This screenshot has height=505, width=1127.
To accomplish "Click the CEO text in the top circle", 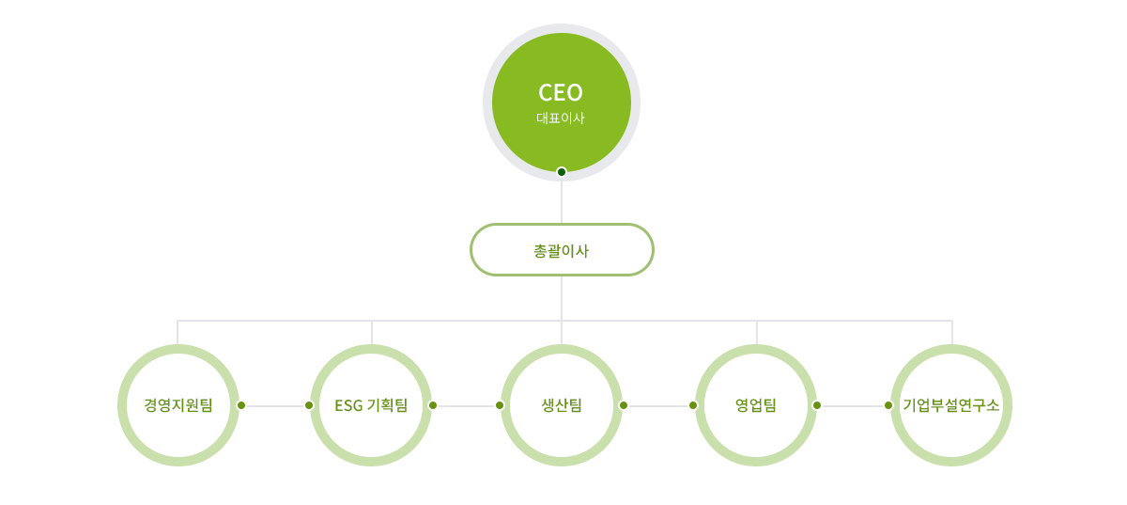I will [561, 92].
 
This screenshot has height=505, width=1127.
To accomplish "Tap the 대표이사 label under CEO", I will [561, 118].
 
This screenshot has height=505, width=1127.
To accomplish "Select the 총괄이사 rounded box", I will [562, 250].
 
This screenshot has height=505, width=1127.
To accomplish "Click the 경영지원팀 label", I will [178, 405].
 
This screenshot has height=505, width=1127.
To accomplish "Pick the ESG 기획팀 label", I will [371, 405].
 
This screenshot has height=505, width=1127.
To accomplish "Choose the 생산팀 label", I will [562, 405].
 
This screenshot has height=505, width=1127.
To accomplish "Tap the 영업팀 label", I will [756, 405].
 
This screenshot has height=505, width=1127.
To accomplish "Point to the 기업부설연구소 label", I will [951, 405].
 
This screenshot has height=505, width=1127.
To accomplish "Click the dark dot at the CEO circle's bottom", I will [562, 171].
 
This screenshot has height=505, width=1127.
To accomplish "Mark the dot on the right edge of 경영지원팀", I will [241, 405].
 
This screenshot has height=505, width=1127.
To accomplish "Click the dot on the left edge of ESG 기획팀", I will [309, 405].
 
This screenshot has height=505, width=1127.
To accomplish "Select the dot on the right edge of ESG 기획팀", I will [433, 405].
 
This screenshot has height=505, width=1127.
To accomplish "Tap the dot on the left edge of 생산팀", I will [500, 405].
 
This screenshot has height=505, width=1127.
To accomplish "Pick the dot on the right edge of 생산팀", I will [624, 405].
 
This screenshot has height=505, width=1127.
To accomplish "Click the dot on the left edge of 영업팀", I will [693, 405].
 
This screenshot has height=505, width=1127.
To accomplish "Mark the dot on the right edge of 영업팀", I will [817, 405].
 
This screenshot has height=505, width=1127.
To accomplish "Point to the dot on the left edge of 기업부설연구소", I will [888, 405].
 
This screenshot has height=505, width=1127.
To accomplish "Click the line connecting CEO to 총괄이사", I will [562, 199].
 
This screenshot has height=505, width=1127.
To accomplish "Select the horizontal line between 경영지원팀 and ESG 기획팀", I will [275, 405].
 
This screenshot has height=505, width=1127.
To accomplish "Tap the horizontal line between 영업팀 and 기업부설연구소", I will [853, 405].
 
